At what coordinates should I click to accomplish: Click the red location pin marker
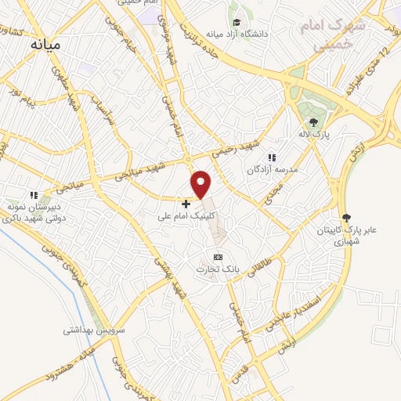tap(201, 183)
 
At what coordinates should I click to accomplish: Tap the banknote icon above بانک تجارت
tap(218, 257)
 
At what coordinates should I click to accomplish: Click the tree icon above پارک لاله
tap(314, 121)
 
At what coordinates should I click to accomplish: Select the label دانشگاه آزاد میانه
tap(236, 34)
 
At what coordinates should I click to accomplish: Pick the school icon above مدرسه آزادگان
tap(273, 157)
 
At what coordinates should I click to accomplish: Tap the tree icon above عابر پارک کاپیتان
tap(346, 218)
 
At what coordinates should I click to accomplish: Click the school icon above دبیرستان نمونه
tap(33, 194)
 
